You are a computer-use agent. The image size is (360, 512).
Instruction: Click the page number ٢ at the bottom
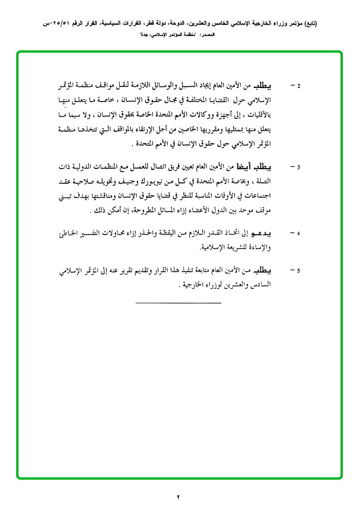[x=179, y=497]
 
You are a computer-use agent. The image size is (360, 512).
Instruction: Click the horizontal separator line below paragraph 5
[x=179, y=303]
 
